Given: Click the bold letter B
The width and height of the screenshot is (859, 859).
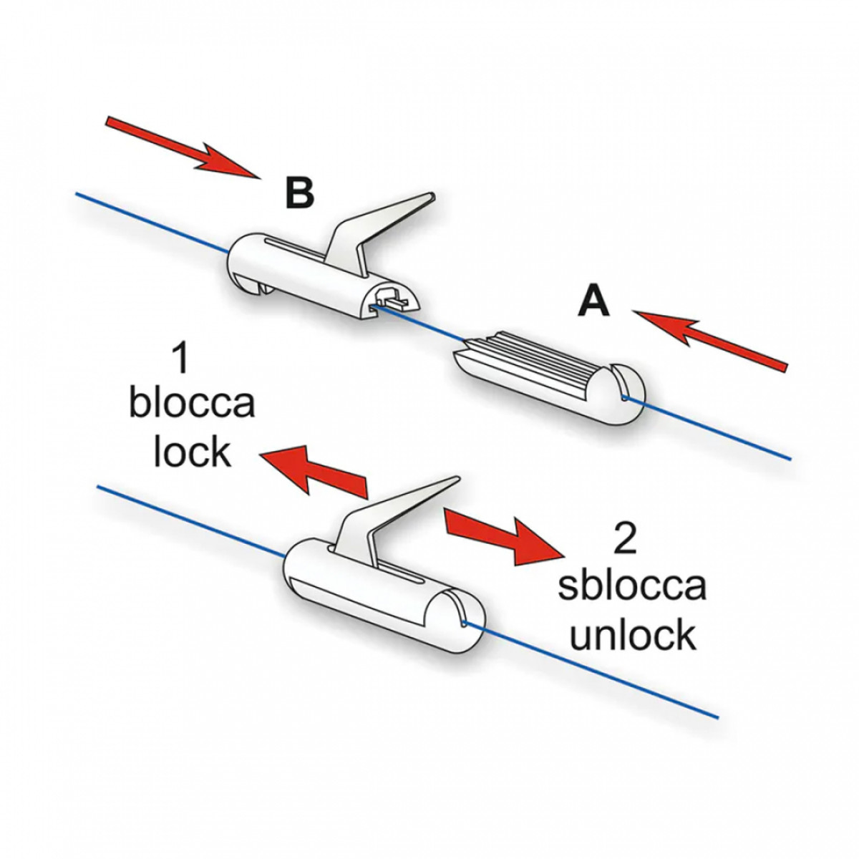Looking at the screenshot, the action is click(x=299, y=193).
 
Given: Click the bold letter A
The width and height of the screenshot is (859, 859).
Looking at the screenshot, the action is click(x=593, y=301).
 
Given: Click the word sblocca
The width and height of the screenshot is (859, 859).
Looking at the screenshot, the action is click(x=632, y=584).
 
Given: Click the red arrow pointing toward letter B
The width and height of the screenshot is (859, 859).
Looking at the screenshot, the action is click(x=183, y=147).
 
